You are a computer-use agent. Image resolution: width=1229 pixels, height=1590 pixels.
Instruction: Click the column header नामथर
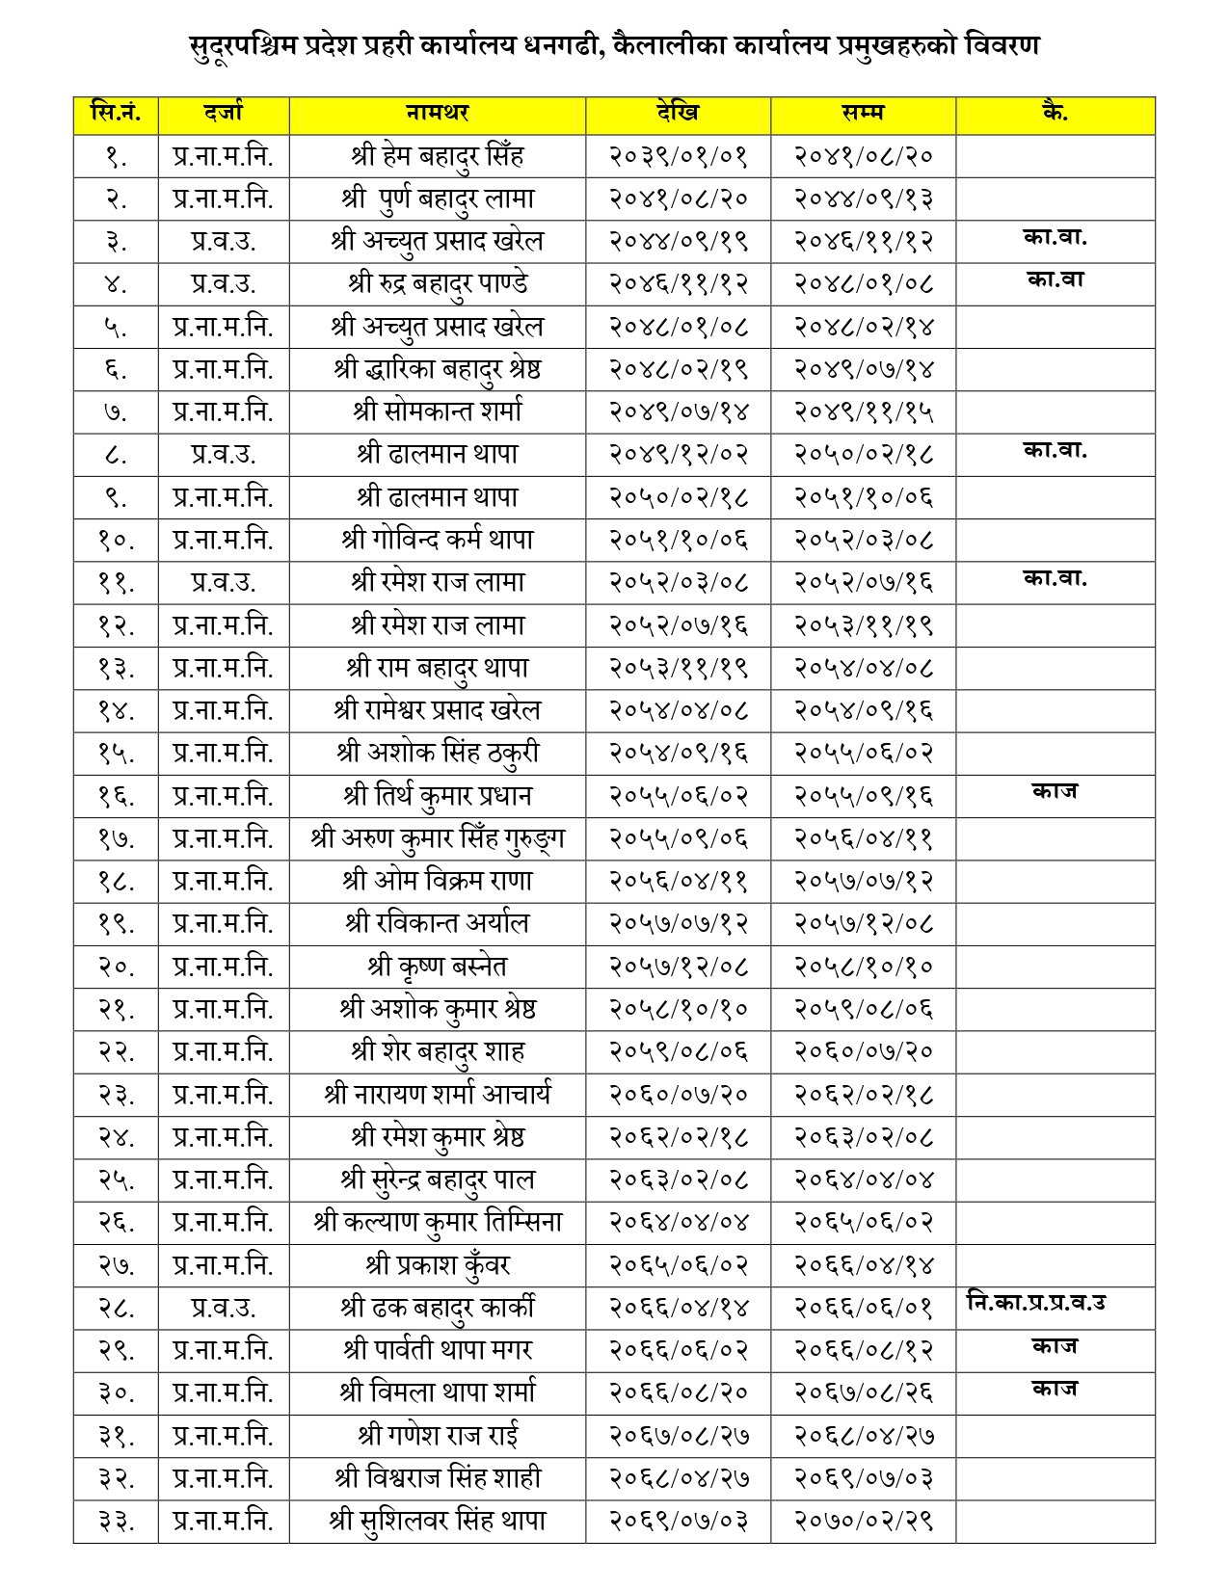[x=437, y=113]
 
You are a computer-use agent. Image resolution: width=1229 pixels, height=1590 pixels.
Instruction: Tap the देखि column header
[x=678, y=113]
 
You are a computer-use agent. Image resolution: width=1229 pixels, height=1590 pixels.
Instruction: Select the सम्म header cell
[x=863, y=113]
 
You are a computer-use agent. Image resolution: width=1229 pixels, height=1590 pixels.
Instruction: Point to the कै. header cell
[x=1055, y=113]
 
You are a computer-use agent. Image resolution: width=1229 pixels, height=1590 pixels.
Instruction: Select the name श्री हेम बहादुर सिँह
[x=437, y=156]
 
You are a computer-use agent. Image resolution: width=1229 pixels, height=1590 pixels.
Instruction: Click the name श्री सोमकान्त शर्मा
[x=437, y=411]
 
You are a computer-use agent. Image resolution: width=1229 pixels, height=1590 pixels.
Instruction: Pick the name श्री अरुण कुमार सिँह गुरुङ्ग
[x=437, y=838]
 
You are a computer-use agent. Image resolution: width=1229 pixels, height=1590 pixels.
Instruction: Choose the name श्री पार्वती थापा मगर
[x=437, y=1350]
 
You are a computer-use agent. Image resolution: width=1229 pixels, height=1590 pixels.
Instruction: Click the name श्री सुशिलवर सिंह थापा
[x=437, y=1521]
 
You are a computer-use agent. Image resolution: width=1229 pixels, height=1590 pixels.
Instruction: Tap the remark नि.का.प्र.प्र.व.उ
[x=1035, y=1303]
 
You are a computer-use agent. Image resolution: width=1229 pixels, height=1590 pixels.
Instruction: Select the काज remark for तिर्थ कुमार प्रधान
[x=1055, y=791]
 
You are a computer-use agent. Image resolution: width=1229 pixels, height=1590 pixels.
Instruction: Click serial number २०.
[x=116, y=967]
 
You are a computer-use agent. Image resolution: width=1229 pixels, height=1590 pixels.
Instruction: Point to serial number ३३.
[x=116, y=1521]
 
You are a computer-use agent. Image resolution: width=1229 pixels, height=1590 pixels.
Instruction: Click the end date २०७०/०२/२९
[x=863, y=1521]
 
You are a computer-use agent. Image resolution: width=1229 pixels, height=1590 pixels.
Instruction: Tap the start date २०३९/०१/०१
[x=678, y=156]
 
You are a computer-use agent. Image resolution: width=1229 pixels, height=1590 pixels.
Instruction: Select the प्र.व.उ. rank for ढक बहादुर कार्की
[x=223, y=1308]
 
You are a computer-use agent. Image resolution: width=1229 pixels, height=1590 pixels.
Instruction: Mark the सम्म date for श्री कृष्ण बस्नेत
[x=863, y=967]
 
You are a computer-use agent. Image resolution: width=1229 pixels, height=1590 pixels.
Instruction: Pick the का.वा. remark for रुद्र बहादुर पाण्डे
[x=1055, y=279]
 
